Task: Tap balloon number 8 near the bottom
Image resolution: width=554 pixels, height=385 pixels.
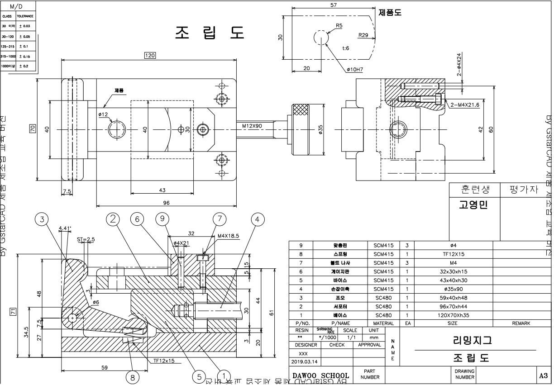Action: [132, 376]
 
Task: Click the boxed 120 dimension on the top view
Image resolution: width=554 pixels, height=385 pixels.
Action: [149, 55]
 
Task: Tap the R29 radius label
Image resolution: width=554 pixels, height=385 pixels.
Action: [363, 34]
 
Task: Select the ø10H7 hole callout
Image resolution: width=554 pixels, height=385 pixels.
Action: [355, 70]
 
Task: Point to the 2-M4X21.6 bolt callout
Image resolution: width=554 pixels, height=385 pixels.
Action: [464, 105]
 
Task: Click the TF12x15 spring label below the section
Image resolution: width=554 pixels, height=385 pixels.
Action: [164, 361]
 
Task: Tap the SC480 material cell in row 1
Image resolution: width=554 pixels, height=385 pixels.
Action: [383, 315]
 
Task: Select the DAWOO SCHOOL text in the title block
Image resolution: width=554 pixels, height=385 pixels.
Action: [321, 375]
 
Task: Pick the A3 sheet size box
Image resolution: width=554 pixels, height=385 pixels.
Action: [544, 375]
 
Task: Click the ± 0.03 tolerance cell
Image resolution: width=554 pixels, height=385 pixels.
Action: [25, 26]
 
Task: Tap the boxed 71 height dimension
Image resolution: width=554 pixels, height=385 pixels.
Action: [13, 311]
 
